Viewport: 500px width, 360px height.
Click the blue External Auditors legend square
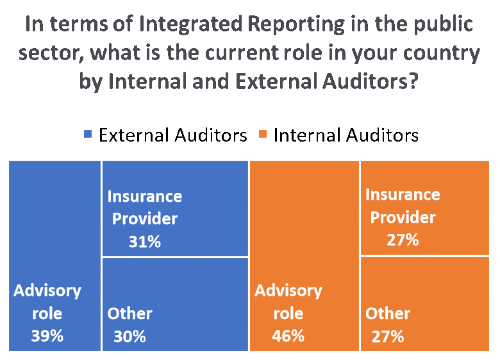point(88,134)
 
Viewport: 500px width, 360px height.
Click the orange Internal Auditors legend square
point(263,134)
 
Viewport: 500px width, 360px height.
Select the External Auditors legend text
point(173,135)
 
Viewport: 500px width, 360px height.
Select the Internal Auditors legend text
point(346,135)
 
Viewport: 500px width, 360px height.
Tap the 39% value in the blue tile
point(47,336)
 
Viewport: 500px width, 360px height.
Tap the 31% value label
point(145,241)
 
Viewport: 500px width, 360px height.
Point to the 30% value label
point(129,337)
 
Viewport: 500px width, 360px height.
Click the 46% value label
point(288,336)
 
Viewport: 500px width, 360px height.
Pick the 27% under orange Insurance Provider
point(403,240)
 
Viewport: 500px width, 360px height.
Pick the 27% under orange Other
point(388,337)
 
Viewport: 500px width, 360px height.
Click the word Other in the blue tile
point(129,313)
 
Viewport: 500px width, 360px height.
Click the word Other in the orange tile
point(388,313)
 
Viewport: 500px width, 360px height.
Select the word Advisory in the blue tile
point(47,291)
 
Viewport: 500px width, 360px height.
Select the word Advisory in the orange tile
point(288,291)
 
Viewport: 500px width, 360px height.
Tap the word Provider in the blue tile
point(145,219)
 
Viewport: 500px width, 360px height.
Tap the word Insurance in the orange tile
point(403,194)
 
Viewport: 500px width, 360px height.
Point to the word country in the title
point(442,54)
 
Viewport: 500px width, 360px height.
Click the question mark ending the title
point(413,81)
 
